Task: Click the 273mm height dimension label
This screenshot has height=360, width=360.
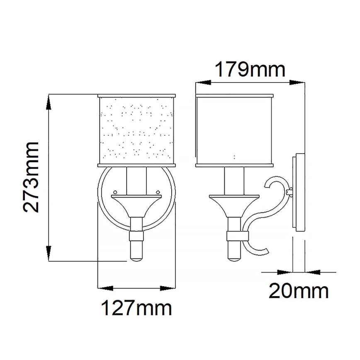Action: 31,177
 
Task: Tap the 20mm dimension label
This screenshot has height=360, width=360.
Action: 299,292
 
